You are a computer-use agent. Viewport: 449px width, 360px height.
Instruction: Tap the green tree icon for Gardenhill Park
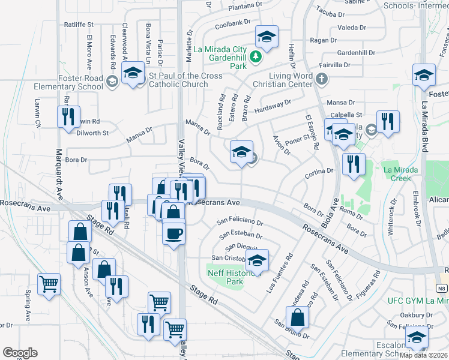coord(256,56)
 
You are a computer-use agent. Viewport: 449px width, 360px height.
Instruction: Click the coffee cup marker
coord(174,232)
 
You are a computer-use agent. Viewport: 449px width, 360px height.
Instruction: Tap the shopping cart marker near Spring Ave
coord(49,283)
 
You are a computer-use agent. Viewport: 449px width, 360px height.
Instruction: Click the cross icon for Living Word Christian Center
coord(322,77)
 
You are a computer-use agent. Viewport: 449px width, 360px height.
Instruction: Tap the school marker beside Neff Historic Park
coord(257,261)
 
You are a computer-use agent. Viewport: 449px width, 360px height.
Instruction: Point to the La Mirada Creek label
coord(400,174)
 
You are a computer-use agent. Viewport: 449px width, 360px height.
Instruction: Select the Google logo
coord(20,353)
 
